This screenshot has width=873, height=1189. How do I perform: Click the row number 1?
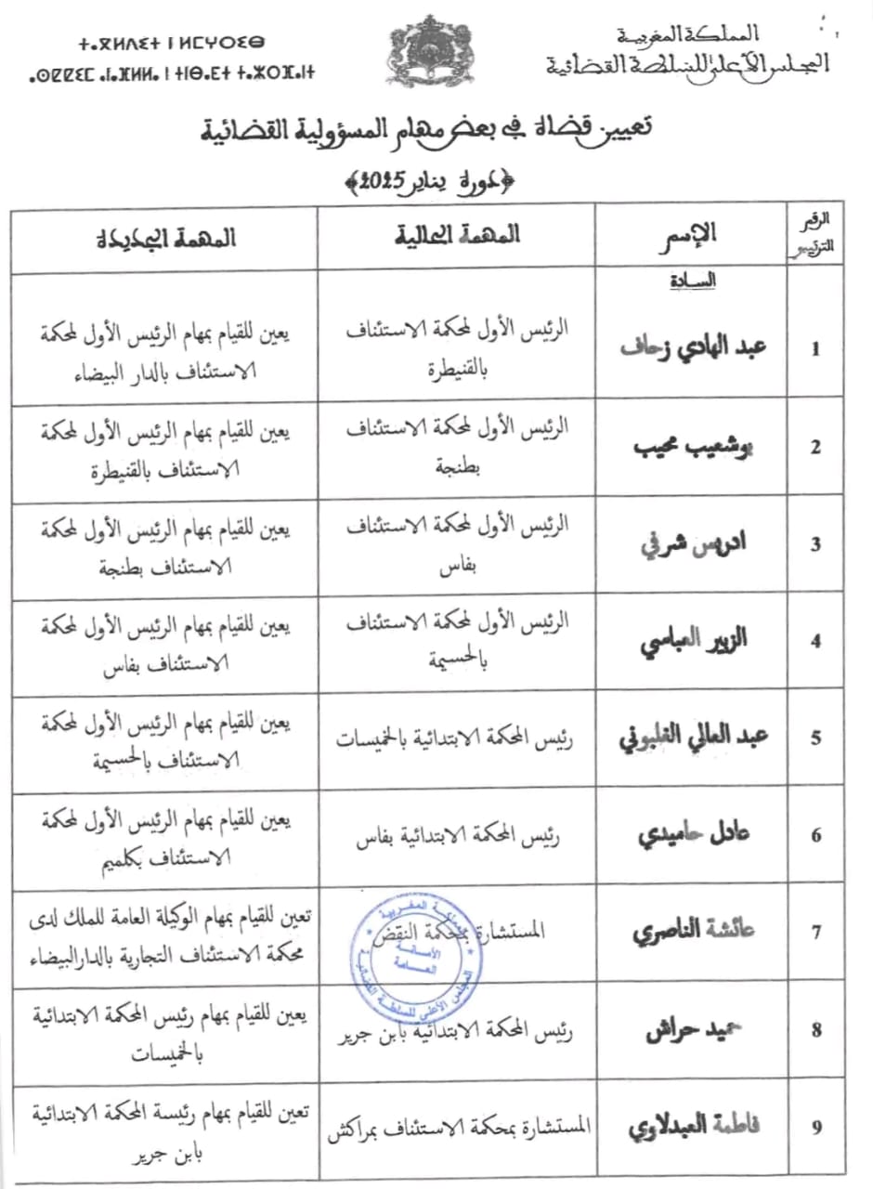coord(815,349)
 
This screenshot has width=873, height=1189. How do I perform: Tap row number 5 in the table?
coord(815,738)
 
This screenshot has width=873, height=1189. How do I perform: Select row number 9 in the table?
coord(815,1128)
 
